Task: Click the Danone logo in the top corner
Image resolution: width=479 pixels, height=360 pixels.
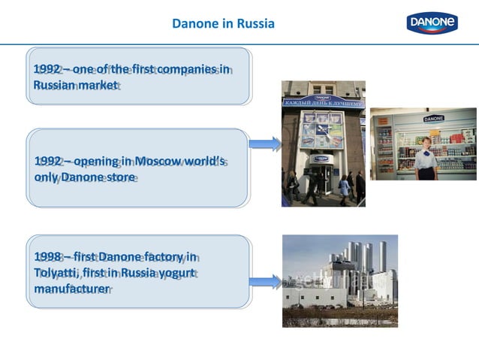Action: coord(432,23)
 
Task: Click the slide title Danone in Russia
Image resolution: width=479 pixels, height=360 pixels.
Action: coord(223,23)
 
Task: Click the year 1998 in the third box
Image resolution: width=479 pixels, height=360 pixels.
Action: coord(47,256)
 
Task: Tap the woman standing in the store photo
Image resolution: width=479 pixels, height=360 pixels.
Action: coord(426,159)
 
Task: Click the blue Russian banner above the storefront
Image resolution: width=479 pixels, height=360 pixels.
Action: coord(323,102)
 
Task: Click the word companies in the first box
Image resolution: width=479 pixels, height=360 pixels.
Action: coord(185,69)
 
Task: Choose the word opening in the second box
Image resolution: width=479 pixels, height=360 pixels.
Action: coord(92,161)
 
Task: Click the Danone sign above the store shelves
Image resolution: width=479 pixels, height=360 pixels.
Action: coord(433,119)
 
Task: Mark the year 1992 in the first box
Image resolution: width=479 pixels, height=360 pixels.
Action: coord(47,69)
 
